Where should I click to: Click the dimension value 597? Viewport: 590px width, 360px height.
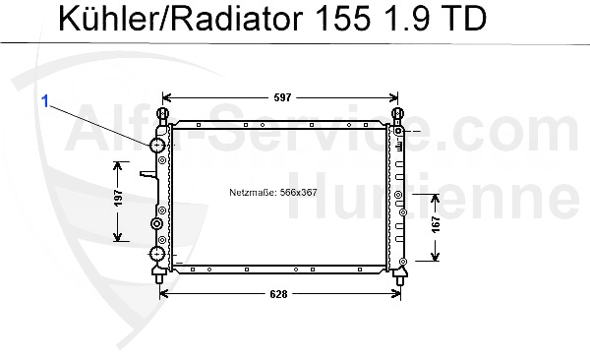pyautogui.click(x=282, y=97)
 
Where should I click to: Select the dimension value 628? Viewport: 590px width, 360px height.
pyautogui.click(x=279, y=294)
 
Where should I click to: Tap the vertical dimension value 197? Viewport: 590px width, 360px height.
pyautogui.click(x=118, y=198)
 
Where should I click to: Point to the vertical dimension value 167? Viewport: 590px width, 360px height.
pyautogui.click(x=436, y=224)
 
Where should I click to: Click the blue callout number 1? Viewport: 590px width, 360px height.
pyautogui.click(x=45, y=101)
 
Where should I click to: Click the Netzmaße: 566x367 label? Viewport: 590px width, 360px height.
pyautogui.click(x=273, y=192)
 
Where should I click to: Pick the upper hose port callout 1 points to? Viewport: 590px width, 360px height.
pyautogui.click(x=157, y=145)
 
